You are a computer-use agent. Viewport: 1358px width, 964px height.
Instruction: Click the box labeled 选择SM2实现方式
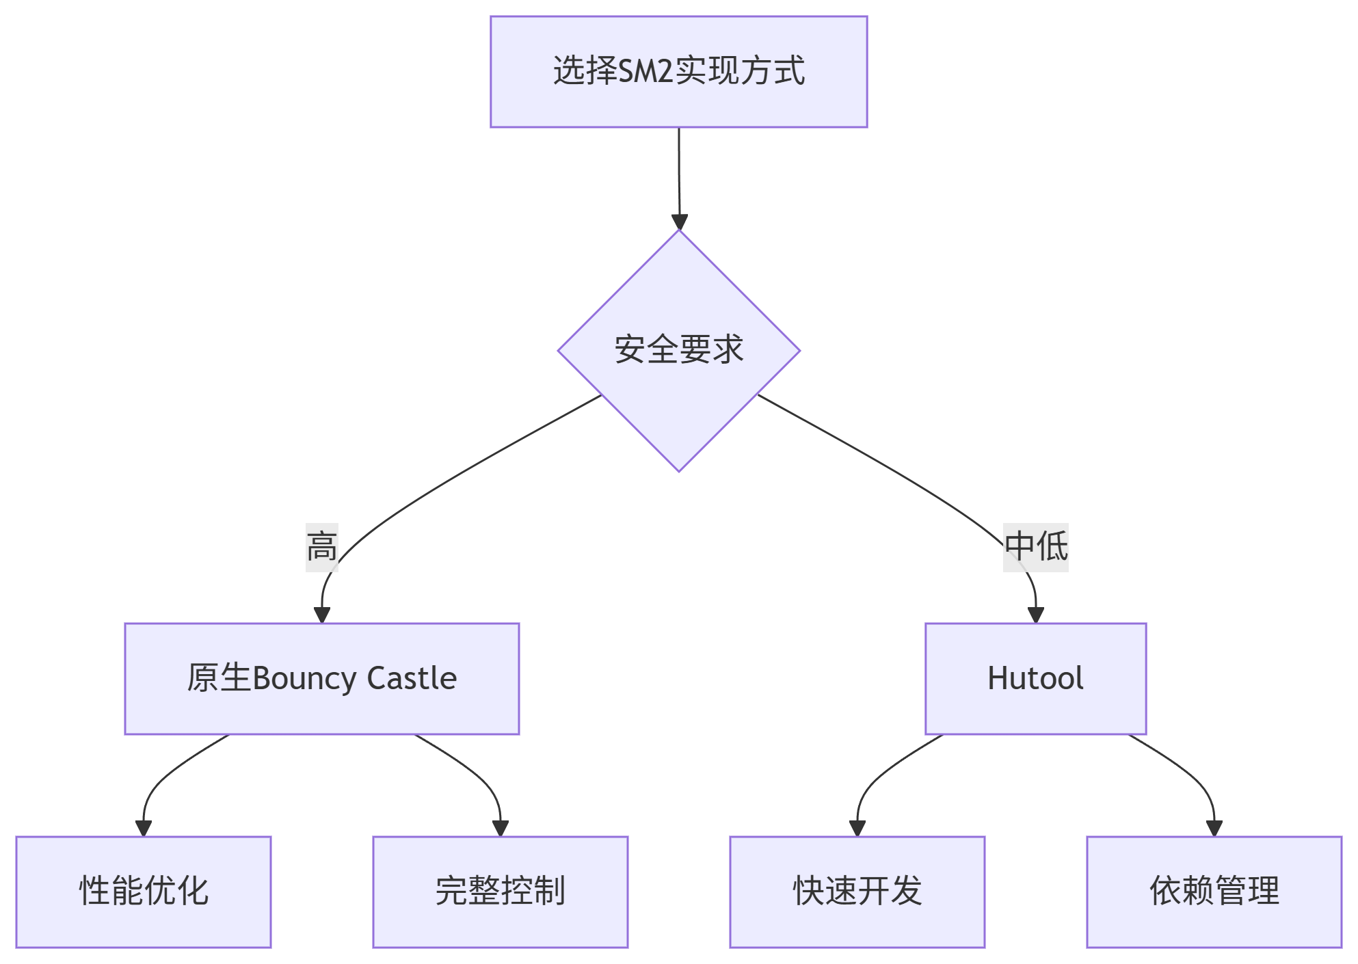(x=678, y=72)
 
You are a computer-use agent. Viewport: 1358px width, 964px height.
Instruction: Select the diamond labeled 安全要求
(x=678, y=351)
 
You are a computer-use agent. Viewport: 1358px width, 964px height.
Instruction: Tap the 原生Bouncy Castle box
(x=321, y=678)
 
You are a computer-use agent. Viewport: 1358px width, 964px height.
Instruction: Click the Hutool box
(x=1035, y=678)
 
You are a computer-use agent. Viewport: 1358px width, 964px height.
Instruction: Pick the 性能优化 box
(x=144, y=892)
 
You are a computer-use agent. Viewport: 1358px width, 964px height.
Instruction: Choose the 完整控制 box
(x=500, y=892)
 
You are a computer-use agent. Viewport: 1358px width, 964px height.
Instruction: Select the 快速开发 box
(x=857, y=892)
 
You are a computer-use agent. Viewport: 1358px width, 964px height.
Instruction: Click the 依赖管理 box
(x=1214, y=892)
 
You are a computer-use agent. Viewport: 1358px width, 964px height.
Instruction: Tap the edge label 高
(x=321, y=547)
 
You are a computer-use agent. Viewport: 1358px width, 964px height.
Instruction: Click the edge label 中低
(x=1035, y=547)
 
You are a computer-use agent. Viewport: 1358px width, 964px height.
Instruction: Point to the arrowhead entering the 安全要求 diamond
(x=679, y=222)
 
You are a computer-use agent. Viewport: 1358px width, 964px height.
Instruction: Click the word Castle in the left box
(x=412, y=678)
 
